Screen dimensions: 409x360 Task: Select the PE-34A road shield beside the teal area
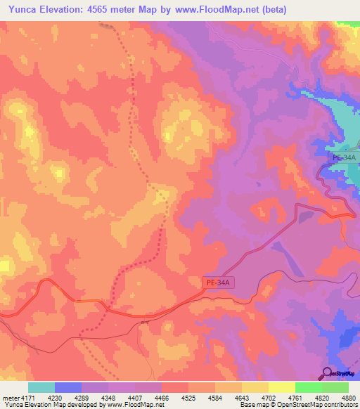coord(344,159)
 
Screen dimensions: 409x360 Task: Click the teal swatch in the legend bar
coord(41,387)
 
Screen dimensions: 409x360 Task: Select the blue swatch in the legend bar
coord(67,387)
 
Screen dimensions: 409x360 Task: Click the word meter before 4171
coord(11,398)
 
